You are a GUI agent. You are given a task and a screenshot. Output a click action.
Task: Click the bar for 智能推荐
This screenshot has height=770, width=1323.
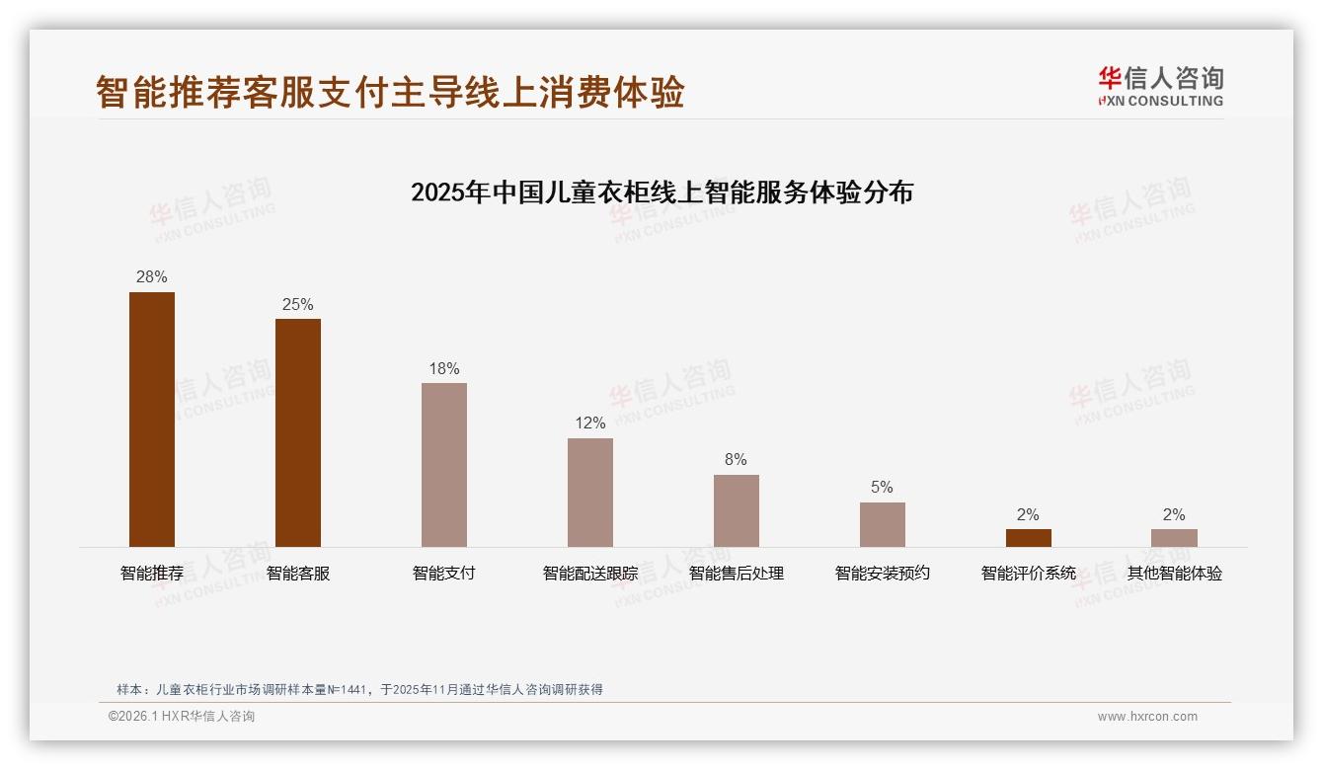tap(152, 420)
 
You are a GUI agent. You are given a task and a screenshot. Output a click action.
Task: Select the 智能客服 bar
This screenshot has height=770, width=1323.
tap(298, 432)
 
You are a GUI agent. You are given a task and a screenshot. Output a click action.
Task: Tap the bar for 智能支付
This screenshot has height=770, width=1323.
tap(444, 465)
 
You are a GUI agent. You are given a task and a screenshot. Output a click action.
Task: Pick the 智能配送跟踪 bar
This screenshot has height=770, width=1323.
tap(590, 493)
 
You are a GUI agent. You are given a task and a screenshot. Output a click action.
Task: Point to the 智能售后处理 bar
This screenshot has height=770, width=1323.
tap(737, 510)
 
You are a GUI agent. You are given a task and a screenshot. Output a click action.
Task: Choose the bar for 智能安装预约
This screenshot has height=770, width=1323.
tap(883, 524)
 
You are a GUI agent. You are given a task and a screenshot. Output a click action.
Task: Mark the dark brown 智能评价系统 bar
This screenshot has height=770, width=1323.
tap(1029, 538)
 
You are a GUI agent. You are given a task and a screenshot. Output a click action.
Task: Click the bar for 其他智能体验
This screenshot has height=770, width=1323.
tap(1174, 538)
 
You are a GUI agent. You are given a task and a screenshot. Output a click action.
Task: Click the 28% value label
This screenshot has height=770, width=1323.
tap(152, 277)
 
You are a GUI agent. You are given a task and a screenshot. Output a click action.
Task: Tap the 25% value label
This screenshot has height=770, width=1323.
tap(298, 305)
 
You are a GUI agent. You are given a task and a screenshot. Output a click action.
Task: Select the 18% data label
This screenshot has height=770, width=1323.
tap(444, 369)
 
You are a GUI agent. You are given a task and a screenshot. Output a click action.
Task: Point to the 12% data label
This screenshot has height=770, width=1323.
tap(590, 423)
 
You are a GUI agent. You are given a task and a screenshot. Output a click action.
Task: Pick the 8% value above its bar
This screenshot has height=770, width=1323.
tap(737, 460)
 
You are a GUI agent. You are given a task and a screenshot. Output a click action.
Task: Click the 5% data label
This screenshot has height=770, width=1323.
tap(883, 488)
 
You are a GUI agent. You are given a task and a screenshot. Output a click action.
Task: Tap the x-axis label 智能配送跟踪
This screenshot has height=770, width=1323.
tap(590, 574)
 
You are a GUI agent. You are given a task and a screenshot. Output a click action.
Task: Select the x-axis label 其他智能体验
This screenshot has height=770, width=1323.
tap(1175, 574)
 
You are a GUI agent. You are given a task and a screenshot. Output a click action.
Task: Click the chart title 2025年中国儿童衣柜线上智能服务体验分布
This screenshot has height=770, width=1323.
tap(661, 192)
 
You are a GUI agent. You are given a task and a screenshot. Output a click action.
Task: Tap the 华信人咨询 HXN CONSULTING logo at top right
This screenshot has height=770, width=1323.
tap(1161, 86)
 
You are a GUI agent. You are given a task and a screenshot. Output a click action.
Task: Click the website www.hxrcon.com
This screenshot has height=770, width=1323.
tap(1147, 717)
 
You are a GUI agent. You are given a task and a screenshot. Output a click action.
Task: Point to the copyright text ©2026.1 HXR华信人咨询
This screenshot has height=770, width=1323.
tap(182, 717)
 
